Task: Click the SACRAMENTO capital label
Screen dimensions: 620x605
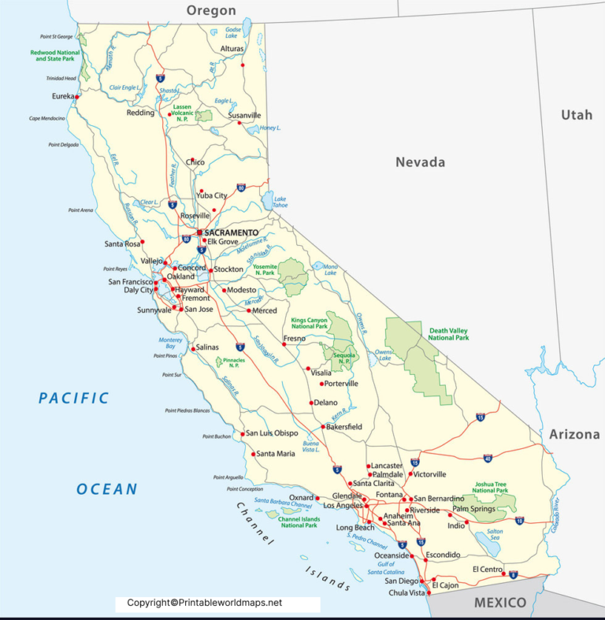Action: point(231,233)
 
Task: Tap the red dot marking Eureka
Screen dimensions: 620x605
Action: point(76,97)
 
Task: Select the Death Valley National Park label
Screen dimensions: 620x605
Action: point(448,334)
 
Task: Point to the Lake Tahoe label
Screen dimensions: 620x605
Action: point(280,203)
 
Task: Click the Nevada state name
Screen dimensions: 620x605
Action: point(420,162)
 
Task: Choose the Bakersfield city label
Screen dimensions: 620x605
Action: point(344,427)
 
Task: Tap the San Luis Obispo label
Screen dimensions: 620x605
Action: point(272,433)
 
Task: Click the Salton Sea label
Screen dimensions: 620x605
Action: point(495,535)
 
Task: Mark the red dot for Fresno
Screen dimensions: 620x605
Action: point(284,344)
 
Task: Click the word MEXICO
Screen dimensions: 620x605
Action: point(499,603)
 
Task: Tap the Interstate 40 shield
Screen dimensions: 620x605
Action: point(488,458)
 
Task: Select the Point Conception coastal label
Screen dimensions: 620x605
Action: point(239,489)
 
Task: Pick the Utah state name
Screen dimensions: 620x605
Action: point(576,115)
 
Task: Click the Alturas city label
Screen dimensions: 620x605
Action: point(232,49)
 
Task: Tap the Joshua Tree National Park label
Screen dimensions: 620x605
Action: point(490,488)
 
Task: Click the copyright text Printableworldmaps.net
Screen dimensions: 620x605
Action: point(204,603)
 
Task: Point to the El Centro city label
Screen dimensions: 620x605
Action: point(488,569)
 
